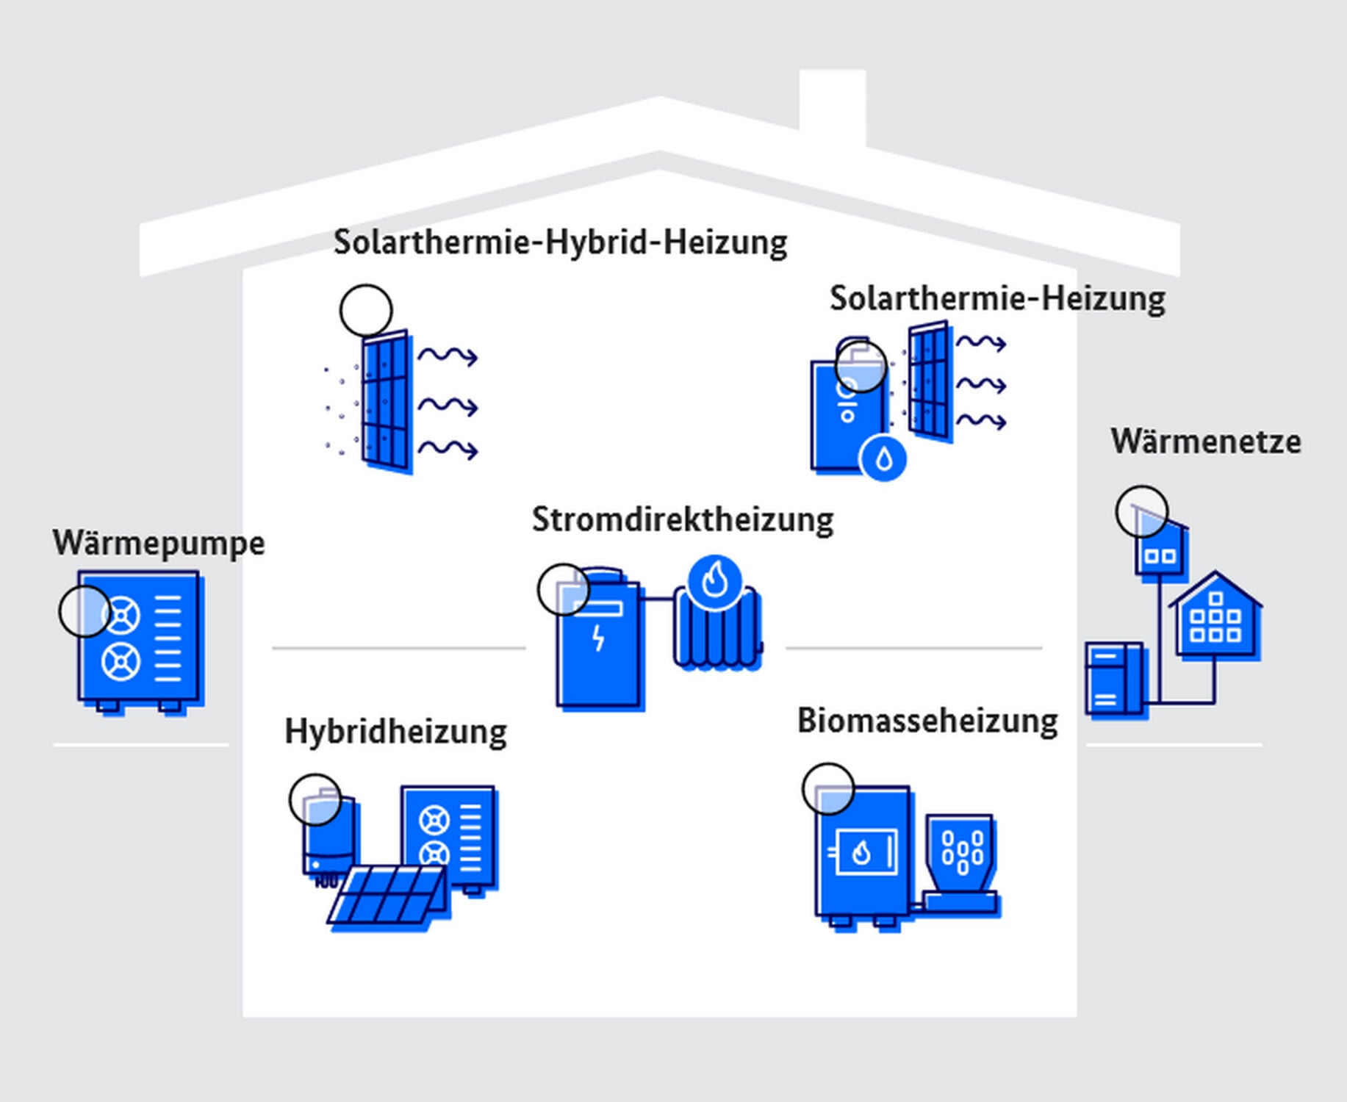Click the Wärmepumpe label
tap(158, 544)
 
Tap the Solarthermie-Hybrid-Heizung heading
tap(560, 242)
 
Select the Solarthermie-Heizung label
tap(997, 299)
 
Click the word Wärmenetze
tap(1205, 442)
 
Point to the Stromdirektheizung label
tap(683, 519)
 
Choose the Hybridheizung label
tap(395, 732)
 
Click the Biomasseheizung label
tap(927, 721)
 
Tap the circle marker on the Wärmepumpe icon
tap(85, 611)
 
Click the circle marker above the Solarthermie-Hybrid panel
tap(366, 311)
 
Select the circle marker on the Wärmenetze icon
tap(1141, 511)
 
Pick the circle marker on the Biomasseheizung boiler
tap(828, 788)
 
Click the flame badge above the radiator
tap(714, 582)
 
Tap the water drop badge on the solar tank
tap(883, 459)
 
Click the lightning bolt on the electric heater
tap(599, 638)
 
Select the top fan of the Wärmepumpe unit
tap(121, 615)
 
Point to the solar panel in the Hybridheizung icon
tap(388, 894)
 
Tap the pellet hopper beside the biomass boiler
tap(960, 852)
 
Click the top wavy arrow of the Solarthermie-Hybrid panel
tap(448, 356)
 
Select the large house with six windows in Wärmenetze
tap(1215, 617)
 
